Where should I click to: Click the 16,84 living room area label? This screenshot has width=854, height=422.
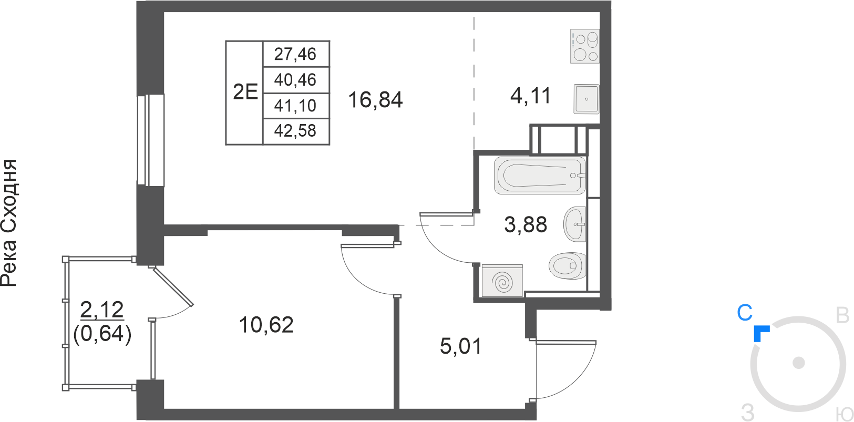point(375,100)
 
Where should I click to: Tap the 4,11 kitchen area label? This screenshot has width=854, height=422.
point(530,96)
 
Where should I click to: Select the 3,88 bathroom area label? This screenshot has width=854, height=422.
point(526,224)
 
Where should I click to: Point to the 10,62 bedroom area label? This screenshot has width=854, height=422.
point(266,325)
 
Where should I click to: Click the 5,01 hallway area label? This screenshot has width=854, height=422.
point(461,346)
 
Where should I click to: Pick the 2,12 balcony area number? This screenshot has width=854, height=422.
point(102,310)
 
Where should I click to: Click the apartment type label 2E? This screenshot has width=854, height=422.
point(245,92)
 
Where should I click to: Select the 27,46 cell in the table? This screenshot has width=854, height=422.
point(295,54)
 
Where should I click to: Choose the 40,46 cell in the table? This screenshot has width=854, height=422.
point(295,80)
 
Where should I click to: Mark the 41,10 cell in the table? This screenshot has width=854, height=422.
point(295,106)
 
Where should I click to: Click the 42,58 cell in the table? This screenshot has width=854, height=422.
point(295,131)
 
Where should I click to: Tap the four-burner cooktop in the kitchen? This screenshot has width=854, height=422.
point(585,46)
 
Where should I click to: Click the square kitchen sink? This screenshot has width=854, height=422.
point(587,99)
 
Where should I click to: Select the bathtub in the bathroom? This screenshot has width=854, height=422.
point(540,176)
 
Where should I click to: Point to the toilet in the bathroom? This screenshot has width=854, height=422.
point(568,265)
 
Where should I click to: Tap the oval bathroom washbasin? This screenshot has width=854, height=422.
point(575,224)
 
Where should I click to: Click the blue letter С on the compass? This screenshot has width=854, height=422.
point(745,313)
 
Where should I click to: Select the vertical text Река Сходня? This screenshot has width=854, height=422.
point(9,223)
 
